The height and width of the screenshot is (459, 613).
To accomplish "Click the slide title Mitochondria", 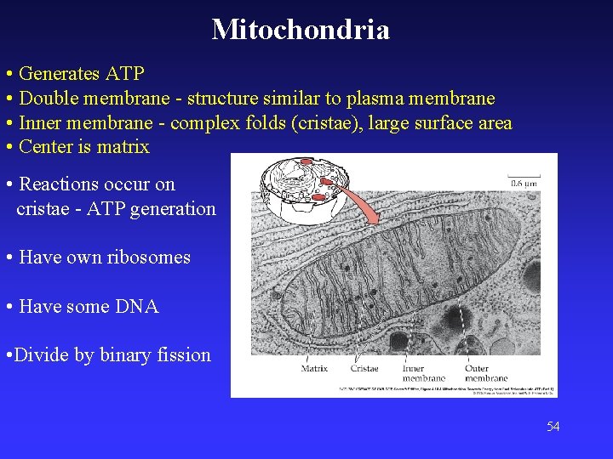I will click(301, 30).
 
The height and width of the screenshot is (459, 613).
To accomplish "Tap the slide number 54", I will click(553, 426).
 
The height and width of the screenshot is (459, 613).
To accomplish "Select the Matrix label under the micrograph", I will click(314, 368).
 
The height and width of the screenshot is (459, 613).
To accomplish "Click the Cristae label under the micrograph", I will click(364, 368).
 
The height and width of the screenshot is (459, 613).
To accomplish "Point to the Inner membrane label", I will click(423, 373).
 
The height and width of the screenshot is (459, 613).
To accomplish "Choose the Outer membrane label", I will click(486, 373).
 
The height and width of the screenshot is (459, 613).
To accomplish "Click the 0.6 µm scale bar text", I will click(523, 182).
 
